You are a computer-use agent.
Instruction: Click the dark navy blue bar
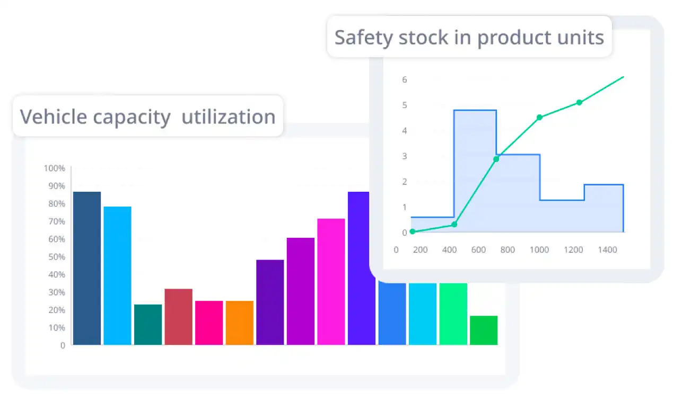(86, 268)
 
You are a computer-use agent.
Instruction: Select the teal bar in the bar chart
(148, 324)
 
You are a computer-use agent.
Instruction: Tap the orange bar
(239, 323)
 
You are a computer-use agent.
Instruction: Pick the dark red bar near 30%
(178, 316)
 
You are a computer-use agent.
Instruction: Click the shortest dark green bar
(484, 330)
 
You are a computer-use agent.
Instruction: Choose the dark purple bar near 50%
(270, 302)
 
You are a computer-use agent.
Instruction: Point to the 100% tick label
(55, 168)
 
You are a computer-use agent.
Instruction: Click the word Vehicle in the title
(54, 117)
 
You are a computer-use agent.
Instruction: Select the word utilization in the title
(229, 117)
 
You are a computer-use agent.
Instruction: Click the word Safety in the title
(363, 38)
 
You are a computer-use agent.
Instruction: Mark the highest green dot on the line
(579, 102)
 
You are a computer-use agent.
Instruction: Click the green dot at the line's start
(413, 231)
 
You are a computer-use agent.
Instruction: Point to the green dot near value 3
(496, 159)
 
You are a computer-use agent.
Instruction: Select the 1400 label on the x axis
(608, 249)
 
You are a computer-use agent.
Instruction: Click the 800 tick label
(508, 249)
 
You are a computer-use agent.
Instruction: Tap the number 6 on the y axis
(404, 79)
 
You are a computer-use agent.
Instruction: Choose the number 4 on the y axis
(404, 130)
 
